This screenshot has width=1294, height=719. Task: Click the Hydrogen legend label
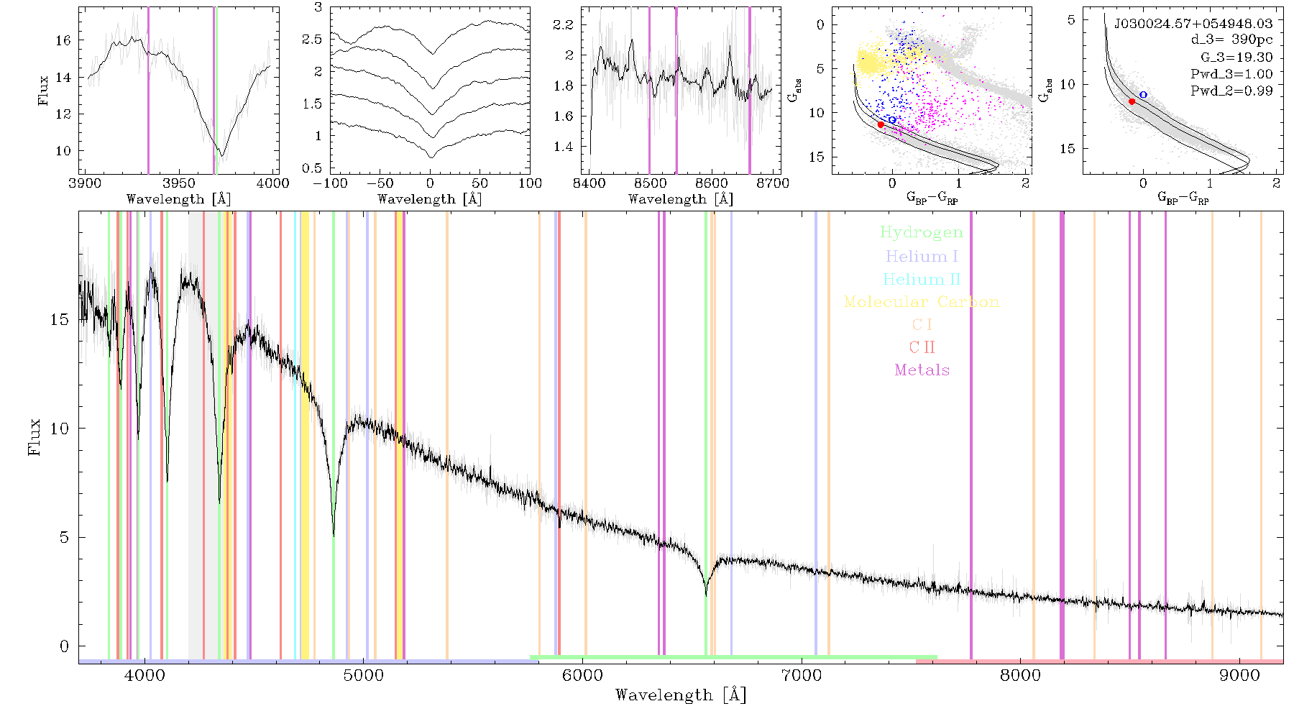click(921, 232)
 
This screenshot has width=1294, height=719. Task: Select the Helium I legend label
click(922, 256)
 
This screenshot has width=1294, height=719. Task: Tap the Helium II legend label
click(922, 279)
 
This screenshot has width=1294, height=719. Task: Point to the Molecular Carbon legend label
click(922, 302)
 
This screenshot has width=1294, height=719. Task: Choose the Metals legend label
click(922, 370)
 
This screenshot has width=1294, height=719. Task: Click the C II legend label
click(922, 347)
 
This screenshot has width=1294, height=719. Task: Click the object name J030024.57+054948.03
click(1193, 24)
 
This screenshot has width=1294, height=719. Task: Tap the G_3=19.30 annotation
click(1236, 57)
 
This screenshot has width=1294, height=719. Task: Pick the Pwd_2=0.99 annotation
click(1231, 91)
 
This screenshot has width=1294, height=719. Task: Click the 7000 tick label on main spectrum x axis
click(801, 676)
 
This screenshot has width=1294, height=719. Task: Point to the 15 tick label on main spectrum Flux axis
click(60, 319)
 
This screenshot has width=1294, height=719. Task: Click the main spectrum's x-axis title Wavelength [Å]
click(681, 695)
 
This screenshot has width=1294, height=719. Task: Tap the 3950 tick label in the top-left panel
click(179, 183)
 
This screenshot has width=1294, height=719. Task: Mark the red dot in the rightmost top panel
click(1132, 101)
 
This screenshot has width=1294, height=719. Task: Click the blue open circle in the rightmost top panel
click(1143, 95)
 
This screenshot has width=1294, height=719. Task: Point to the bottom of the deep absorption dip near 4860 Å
click(333, 536)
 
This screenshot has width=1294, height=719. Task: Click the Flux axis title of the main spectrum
click(34, 437)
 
